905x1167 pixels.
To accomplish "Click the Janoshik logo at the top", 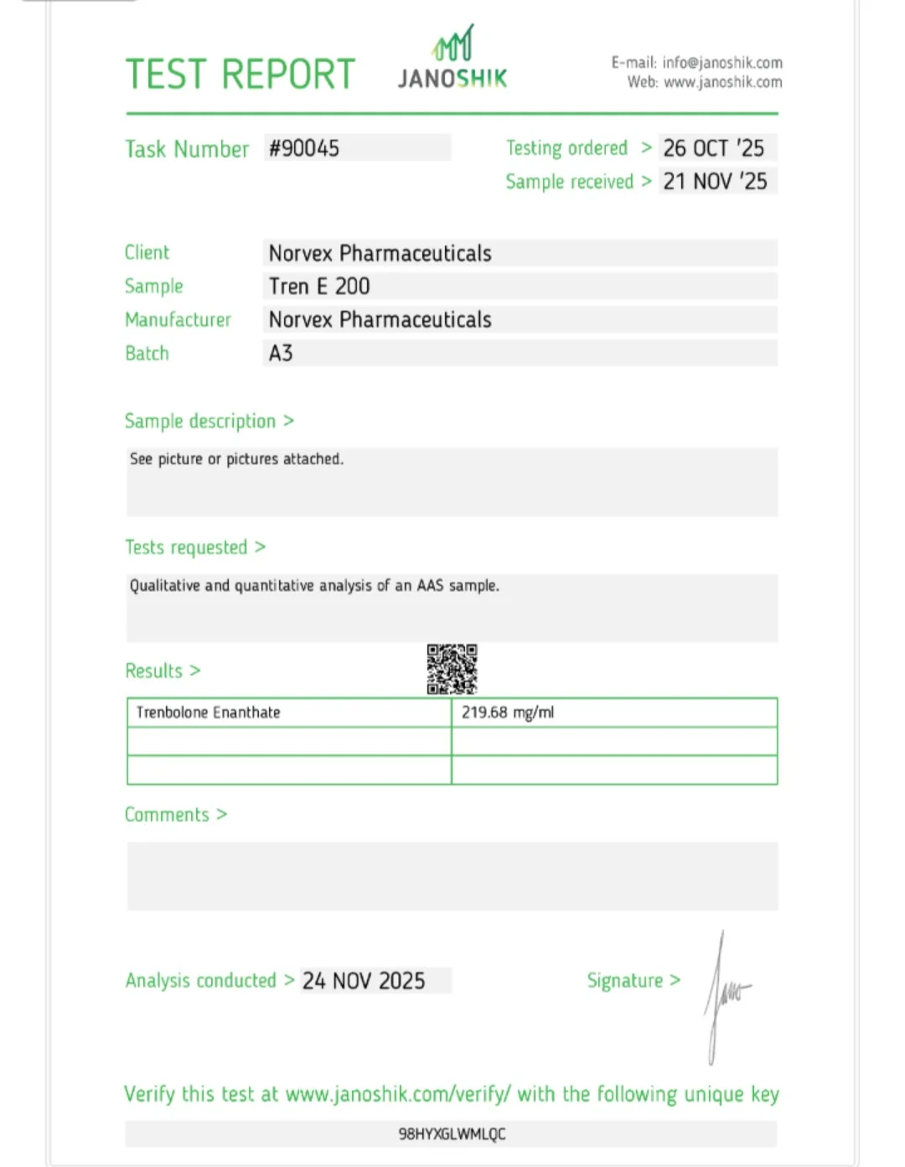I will click(x=452, y=59).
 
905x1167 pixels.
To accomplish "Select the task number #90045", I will click(x=304, y=148).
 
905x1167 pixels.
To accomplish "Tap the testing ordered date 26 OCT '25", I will click(x=714, y=148).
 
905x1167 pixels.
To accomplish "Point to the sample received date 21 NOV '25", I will click(x=715, y=181).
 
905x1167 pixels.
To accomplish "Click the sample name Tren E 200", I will click(x=319, y=286).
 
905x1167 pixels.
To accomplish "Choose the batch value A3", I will click(x=281, y=353).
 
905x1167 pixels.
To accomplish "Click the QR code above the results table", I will click(x=452, y=669).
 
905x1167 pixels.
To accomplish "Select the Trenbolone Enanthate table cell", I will click(x=209, y=713).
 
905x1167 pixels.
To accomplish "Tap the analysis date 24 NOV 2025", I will click(x=364, y=981).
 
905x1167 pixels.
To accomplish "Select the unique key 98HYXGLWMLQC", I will click(x=452, y=1134).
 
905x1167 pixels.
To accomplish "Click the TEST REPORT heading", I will click(x=240, y=75).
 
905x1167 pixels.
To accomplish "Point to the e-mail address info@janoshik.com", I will click(x=722, y=63).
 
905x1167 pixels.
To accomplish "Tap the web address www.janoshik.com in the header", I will click(x=723, y=82).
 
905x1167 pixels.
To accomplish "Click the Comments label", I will click(x=167, y=815).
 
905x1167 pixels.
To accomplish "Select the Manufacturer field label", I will click(x=178, y=319).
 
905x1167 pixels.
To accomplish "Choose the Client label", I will click(x=147, y=252).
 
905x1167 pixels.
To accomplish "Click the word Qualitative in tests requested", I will click(x=165, y=585).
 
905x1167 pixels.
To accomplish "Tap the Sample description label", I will click(x=200, y=421).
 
